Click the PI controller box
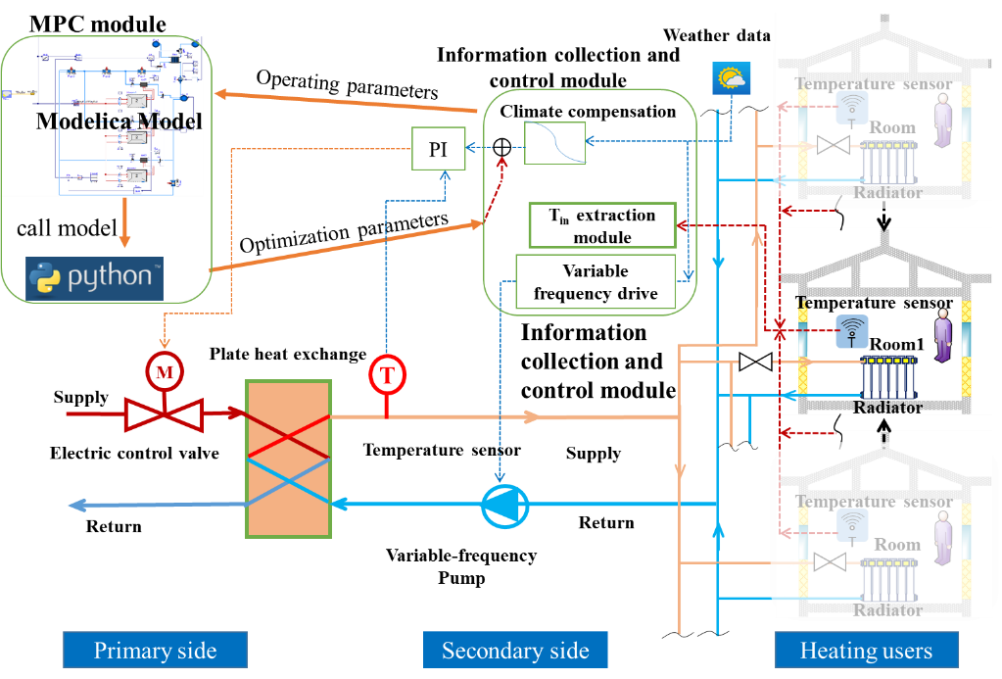coord(437,149)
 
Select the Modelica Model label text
coord(119,121)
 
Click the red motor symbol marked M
coord(164,371)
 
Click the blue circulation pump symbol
coord(505,506)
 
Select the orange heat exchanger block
coord(289,459)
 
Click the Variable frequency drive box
coord(596,282)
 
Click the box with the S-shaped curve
coord(555,143)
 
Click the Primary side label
coord(155,651)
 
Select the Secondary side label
coord(515,651)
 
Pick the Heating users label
coord(866,651)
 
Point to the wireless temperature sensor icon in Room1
coord(850,331)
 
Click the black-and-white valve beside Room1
coord(755,363)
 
